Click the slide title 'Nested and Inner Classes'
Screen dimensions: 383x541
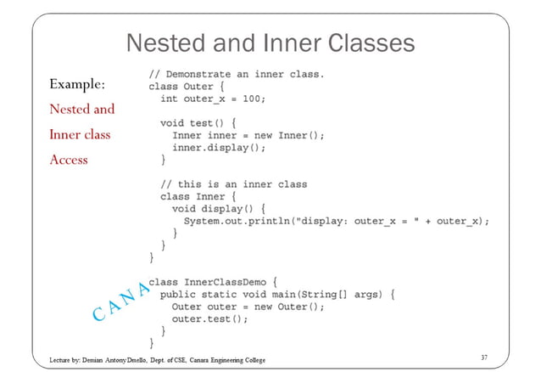270,43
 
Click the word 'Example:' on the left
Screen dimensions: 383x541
77,84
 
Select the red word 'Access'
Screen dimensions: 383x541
69,160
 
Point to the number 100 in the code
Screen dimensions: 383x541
253,98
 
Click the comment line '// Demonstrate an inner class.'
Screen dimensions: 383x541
237,74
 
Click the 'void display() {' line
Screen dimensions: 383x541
219,208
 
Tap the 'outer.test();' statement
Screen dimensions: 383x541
209,319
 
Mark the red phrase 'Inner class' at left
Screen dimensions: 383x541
80,134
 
